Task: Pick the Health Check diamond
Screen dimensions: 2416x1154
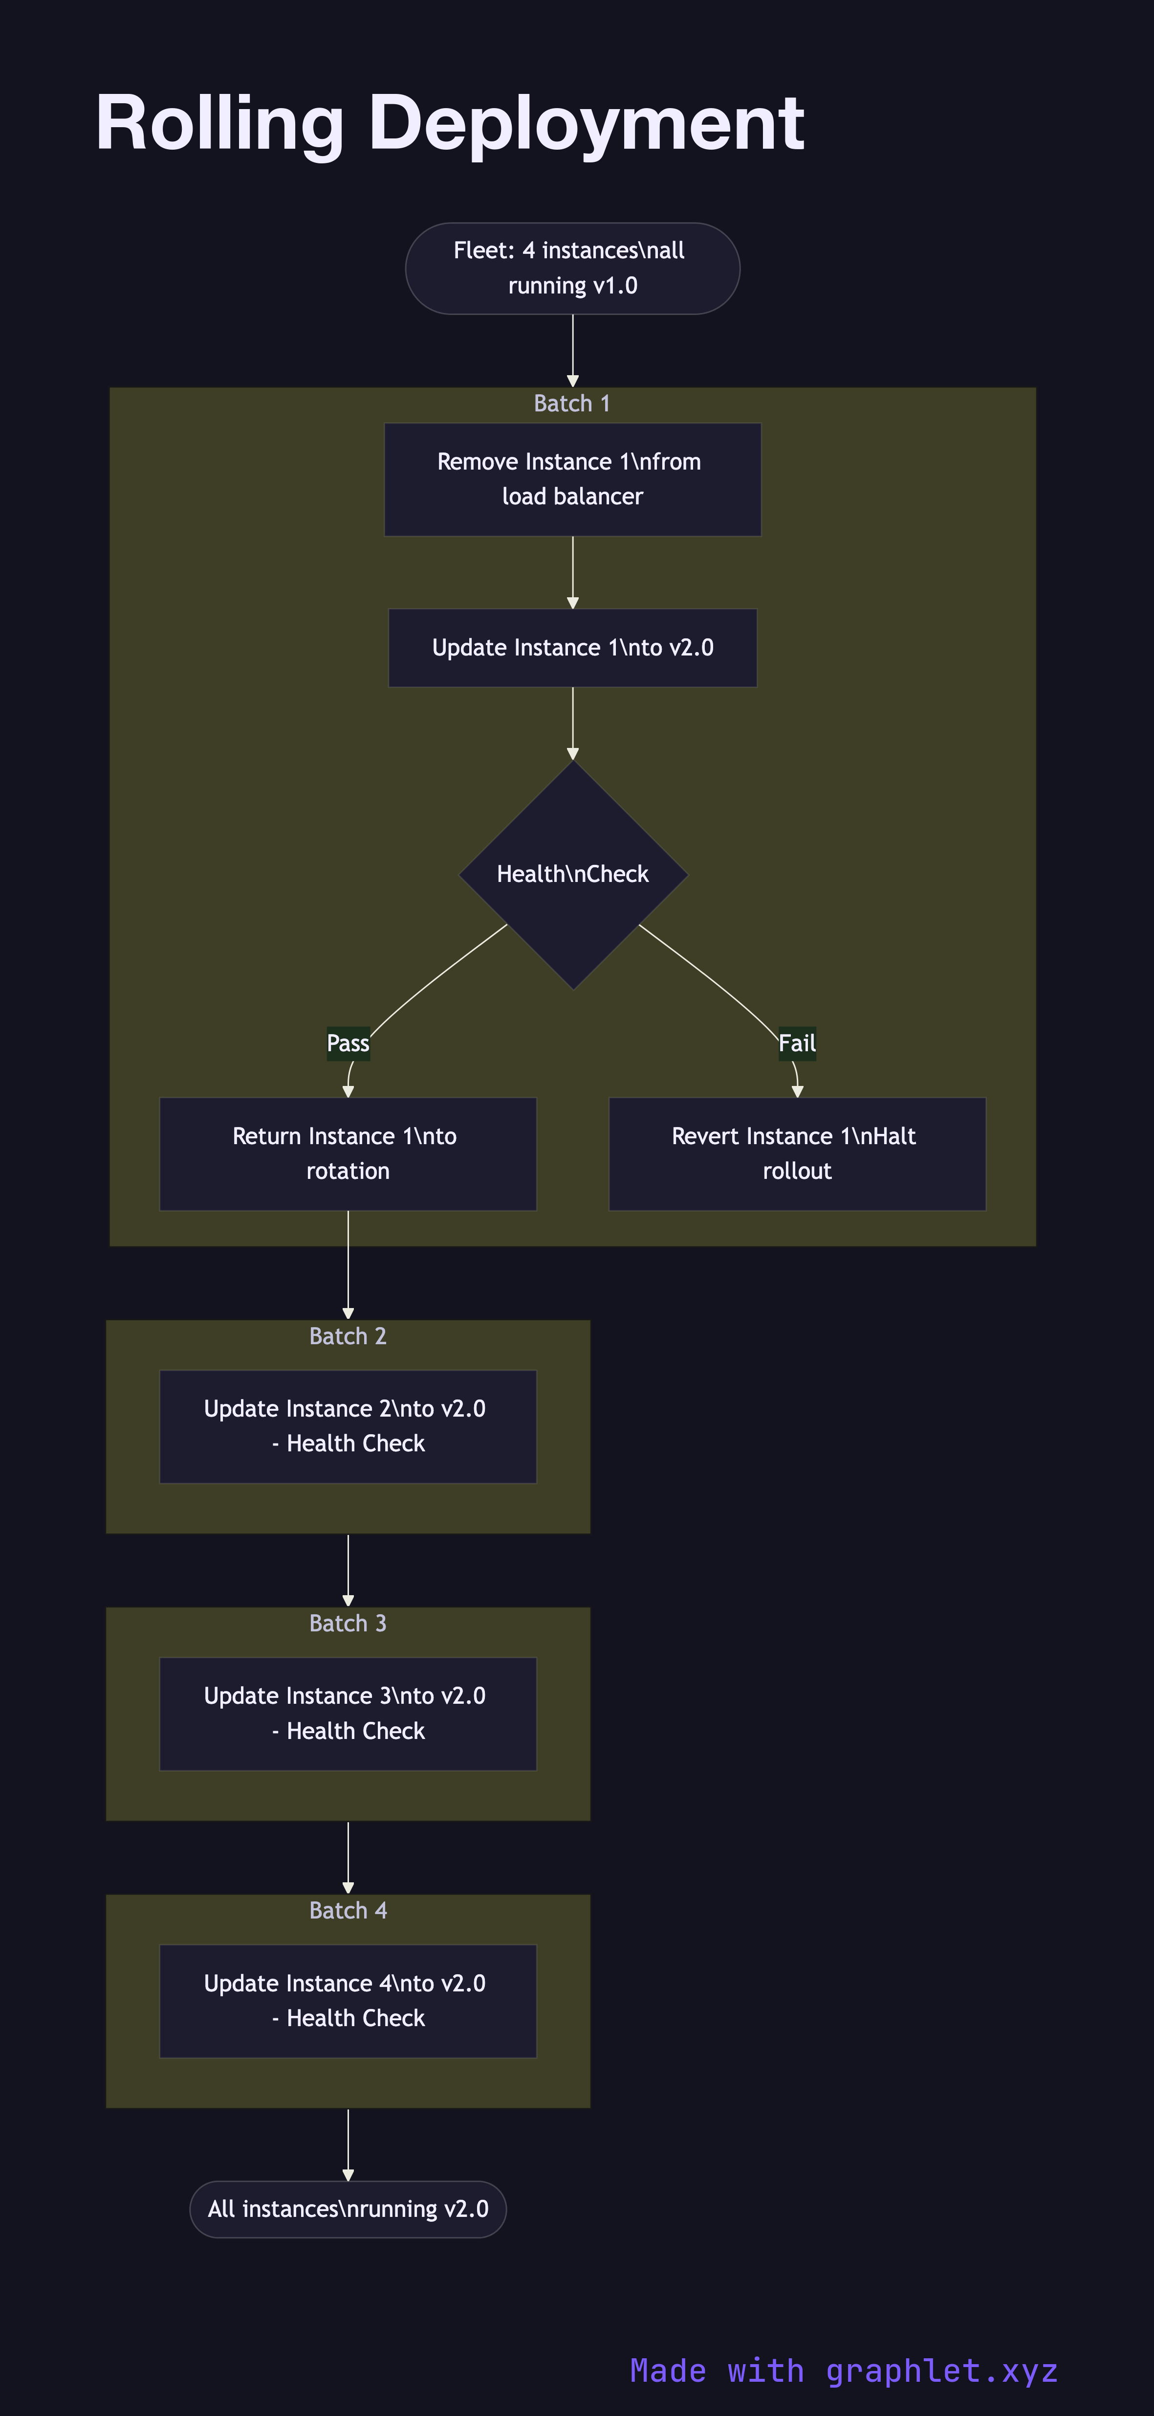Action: click(x=573, y=874)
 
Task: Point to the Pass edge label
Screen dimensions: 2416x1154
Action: click(x=348, y=1043)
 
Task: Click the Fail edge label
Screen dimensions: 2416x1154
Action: click(x=797, y=1043)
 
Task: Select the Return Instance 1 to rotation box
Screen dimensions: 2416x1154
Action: click(x=348, y=1153)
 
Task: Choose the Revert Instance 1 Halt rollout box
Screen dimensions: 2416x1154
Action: click(x=797, y=1153)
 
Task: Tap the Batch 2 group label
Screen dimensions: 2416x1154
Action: click(x=348, y=1335)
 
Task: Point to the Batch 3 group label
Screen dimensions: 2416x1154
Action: click(x=348, y=1623)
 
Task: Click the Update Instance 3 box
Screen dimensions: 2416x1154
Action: click(x=348, y=1714)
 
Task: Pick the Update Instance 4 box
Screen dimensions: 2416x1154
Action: click(x=348, y=2001)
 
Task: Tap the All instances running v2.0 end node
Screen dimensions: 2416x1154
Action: click(x=348, y=2209)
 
